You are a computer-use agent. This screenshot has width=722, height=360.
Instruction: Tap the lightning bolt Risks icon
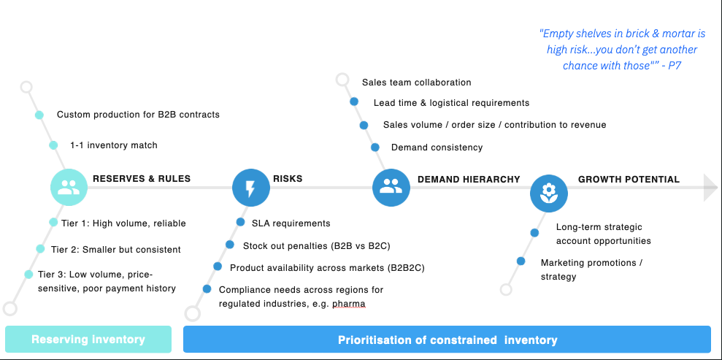pyautogui.click(x=250, y=188)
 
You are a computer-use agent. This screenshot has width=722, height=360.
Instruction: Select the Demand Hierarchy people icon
pyautogui.click(x=391, y=188)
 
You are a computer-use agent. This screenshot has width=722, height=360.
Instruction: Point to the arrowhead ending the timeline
pyautogui.click(x=710, y=188)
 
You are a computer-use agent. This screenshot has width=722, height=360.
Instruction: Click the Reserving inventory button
pyautogui.click(x=88, y=340)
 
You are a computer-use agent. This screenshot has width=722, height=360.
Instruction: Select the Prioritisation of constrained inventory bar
pyautogui.click(x=447, y=340)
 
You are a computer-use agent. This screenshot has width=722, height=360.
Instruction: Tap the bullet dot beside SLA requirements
pyautogui.click(x=240, y=222)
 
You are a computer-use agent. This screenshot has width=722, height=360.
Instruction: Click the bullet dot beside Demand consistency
pyautogui.click(x=375, y=147)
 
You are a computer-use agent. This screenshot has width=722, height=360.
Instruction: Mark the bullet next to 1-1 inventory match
pyautogui.click(x=53, y=145)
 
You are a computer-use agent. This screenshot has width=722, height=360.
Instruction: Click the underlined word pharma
pyautogui.click(x=349, y=303)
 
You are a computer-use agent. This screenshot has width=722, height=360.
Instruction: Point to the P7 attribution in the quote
pyautogui.click(x=675, y=65)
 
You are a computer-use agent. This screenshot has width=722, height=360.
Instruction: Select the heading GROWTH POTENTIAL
pyautogui.click(x=629, y=179)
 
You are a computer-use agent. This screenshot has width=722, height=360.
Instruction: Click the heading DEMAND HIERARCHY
pyautogui.click(x=469, y=179)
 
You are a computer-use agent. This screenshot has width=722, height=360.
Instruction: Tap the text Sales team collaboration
pyautogui.click(x=416, y=83)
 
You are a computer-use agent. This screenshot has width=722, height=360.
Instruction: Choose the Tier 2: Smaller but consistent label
pyautogui.click(x=116, y=250)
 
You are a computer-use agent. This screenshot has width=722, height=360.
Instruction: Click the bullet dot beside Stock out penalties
pyautogui.click(x=230, y=245)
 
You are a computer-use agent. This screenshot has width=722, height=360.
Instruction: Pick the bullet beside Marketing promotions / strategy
pyautogui.click(x=521, y=261)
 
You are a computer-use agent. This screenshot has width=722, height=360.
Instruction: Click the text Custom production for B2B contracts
pyautogui.click(x=138, y=115)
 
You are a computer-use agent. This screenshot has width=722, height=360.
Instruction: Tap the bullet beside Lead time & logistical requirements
pyautogui.click(x=354, y=102)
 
